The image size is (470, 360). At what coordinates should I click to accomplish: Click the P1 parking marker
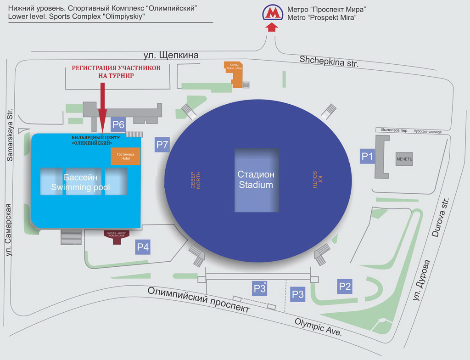point(367,157)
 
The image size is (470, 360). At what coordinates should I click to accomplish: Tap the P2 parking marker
point(345,287)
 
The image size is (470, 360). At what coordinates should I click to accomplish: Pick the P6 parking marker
point(118,124)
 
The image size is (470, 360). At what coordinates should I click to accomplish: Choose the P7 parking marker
point(162,145)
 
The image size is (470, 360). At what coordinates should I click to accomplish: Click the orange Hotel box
point(125,157)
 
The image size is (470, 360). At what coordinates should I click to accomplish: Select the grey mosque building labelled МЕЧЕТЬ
point(404,159)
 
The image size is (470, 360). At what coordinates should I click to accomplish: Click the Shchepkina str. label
point(329,61)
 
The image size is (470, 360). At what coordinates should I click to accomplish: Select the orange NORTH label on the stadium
point(196,180)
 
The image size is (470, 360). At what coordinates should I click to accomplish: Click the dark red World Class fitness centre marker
point(116,236)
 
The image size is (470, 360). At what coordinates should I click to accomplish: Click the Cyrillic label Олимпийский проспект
point(199,299)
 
